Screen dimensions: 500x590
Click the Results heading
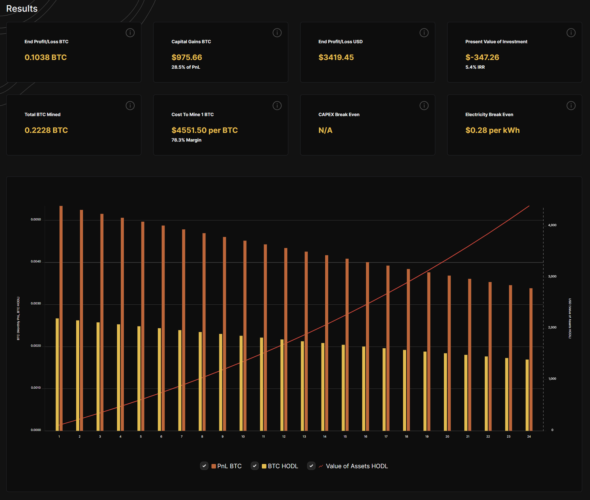[22, 9]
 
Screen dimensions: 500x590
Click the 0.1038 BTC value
[46, 58]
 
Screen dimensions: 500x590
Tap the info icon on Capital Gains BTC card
[277, 33]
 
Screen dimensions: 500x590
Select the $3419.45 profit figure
[336, 58]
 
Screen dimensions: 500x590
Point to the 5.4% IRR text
[475, 67]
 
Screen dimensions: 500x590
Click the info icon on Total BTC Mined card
[130, 106]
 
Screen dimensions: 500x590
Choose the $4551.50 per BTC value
[204, 130]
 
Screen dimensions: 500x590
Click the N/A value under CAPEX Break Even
[325, 130]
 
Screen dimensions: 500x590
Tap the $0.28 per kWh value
[492, 130]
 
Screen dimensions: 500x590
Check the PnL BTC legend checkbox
[204, 466]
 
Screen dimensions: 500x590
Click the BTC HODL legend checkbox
[255, 466]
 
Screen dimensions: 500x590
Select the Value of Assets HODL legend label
[356, 466]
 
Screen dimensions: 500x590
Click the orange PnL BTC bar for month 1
[61, 320]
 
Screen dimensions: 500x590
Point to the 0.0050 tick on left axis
[36, 220]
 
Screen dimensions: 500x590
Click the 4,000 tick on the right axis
[552, 225]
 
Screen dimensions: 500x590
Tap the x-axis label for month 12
[284, 436]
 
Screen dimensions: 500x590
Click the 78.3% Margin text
[186, 140]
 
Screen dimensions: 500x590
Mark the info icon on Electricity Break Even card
[571, 106]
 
